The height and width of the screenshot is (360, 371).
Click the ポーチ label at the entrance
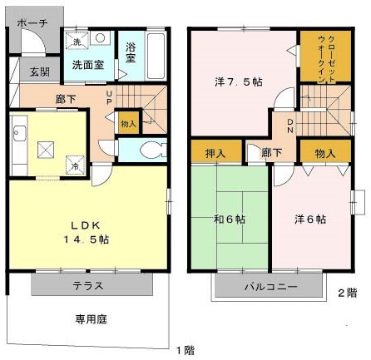click(32, 22)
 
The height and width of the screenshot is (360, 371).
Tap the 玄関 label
click(39, 73)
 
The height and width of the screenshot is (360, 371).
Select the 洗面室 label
click(87, 63)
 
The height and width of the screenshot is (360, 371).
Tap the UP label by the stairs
click(110, 97)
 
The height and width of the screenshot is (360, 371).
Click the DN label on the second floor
click(289, 127)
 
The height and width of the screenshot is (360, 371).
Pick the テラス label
click(92, 286)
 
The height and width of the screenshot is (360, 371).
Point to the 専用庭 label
click(92, 318)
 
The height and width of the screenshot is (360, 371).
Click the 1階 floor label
click(184, 348)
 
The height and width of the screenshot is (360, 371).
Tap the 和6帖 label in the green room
click(228, 219)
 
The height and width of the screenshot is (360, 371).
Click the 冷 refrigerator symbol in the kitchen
click(76, 165)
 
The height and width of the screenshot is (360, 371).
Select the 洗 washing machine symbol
click(76, 42)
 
